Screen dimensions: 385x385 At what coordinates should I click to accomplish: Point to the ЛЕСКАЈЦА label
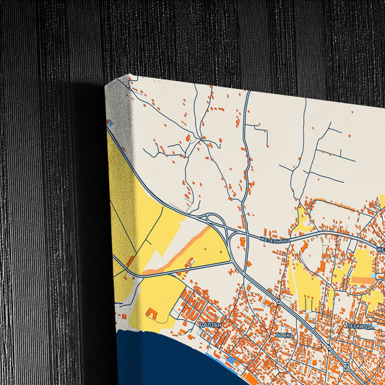tap(360, 326)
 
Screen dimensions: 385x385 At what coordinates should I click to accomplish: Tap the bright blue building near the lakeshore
tap(230, 360)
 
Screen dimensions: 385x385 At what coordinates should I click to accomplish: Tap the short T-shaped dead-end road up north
tap(254, 128)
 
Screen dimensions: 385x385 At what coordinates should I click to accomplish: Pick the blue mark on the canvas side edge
tap(110, 123)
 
